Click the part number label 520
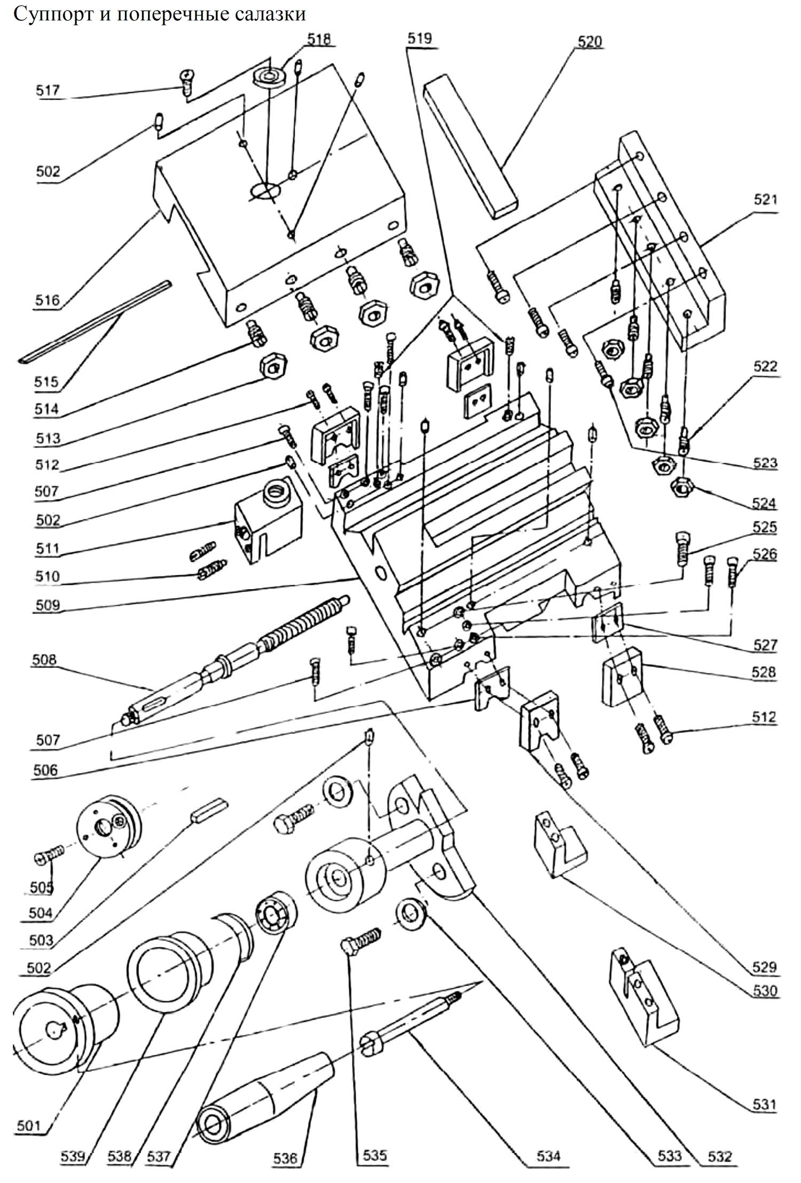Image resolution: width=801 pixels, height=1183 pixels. pos(590,42)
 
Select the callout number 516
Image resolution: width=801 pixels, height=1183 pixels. pos(48,300)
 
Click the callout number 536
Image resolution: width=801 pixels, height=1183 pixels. pos(285,1157)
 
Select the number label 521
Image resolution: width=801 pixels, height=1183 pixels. pos(765,200)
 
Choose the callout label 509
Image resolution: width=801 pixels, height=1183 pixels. pos(48,605)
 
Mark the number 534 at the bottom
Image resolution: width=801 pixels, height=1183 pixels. pos(548,1156)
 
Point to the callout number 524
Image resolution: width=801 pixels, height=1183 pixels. pos(764,503)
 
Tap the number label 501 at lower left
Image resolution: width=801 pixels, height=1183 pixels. pos(29,1126)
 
